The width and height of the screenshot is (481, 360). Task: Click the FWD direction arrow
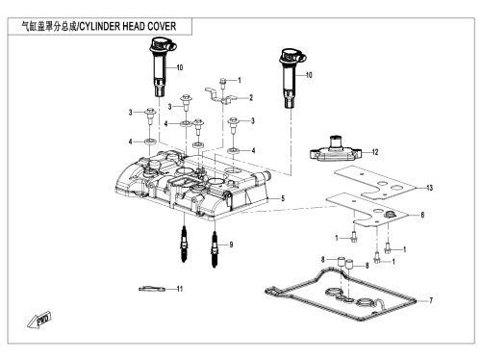click(39, 320)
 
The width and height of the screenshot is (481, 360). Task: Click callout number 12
click(375, 152)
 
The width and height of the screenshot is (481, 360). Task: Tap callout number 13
click(429, 188)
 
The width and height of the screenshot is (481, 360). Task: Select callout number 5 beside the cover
click(283, 198)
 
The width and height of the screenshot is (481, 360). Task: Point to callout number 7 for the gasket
click(431, 300)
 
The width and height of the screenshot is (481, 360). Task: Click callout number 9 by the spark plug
click(231, 244)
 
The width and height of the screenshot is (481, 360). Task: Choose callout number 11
click(180, 289)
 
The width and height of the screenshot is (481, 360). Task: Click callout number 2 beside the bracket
click(251, 97)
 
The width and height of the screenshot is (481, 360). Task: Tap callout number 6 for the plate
click(422, 215)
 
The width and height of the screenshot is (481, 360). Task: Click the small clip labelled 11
click(152, 289)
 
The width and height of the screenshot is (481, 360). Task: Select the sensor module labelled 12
click(336, 150)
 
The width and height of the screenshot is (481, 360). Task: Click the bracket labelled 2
click(220, 95)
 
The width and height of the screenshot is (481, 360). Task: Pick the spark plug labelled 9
click(215, 250)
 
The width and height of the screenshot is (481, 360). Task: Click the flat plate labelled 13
click(374, 182)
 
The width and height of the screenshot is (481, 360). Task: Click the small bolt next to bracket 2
click(223, 82)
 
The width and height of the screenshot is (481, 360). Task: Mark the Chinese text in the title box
click(49, 26)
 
